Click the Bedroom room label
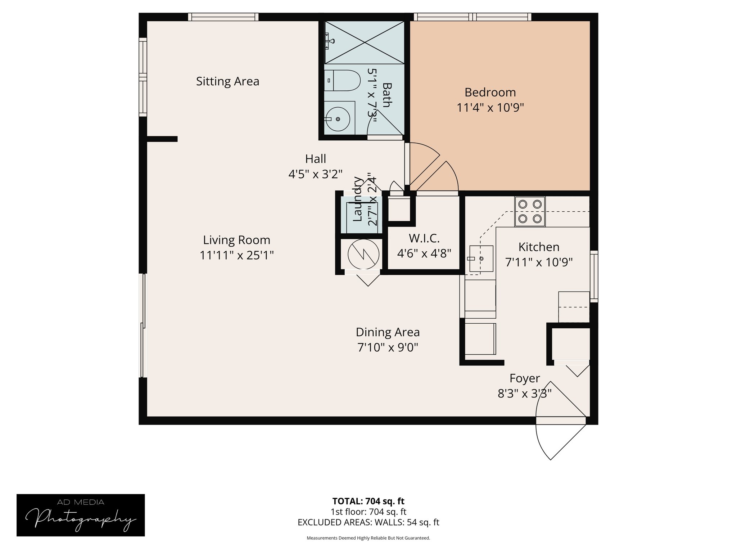(490, 93)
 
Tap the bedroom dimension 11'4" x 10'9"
(490, 108)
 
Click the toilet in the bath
(343, 80)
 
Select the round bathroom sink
(338, 119)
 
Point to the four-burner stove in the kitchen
(530, 211)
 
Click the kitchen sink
(481, 258)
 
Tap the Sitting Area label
(227, 81)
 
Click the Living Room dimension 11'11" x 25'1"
(236, 255)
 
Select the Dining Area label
(388, 332)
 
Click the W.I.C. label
(424, 238)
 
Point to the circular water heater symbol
(363, 254)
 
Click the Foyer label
(524, 378)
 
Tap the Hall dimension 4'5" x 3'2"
(315, 174)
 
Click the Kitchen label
(539, 247)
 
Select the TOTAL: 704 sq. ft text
(368, 501)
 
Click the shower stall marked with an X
(365, 42)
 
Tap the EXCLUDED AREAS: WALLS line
(368, 522)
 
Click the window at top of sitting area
(223, 17)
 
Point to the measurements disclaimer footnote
(368, 538)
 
